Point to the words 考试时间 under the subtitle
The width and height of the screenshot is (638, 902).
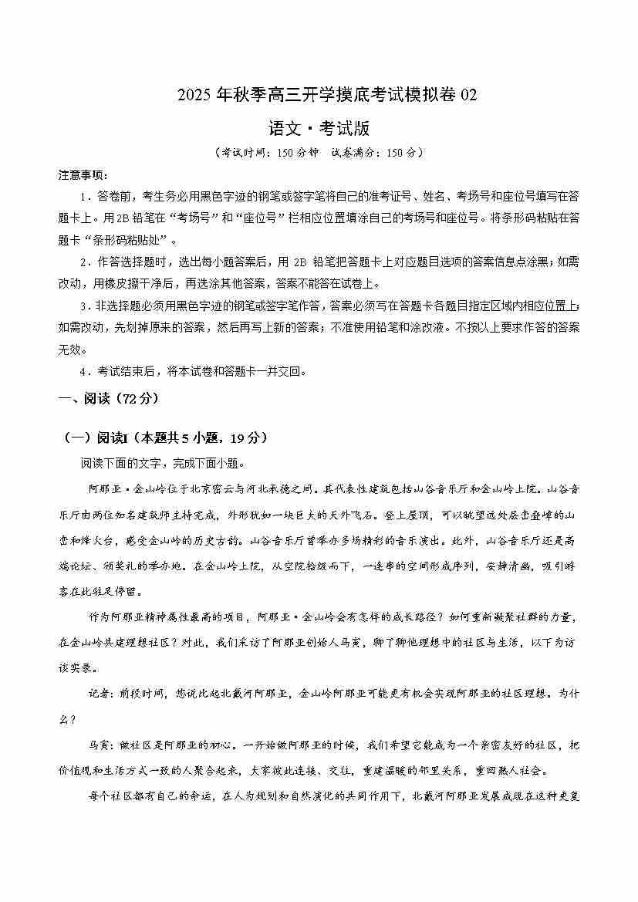[241, 153]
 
